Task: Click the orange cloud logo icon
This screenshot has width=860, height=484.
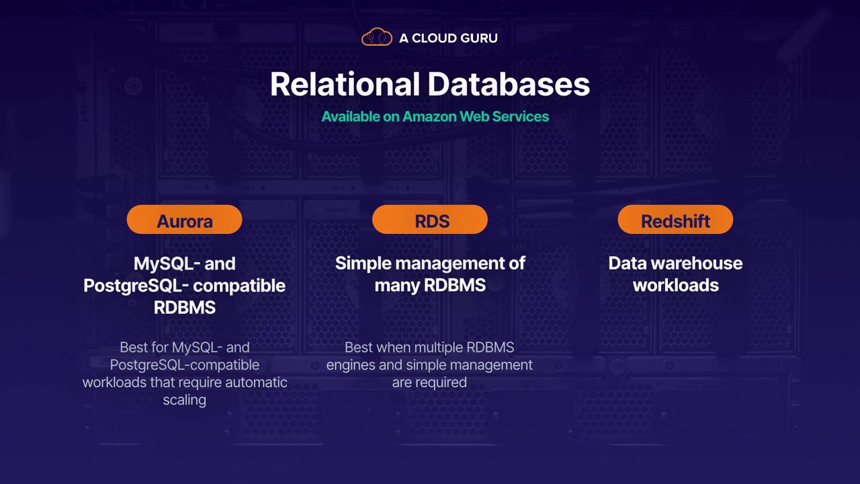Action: [x=377, y=37]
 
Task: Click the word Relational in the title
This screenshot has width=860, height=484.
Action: [x=345, y=84]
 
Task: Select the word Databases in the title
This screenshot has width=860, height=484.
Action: [x=509, y=84]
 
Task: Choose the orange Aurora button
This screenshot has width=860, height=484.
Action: [x=184, y=219]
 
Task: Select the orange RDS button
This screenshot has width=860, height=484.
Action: [x=430, y=219]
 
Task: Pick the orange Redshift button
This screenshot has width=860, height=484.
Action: [x=675, y=219]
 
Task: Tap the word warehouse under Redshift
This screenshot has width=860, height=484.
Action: [x=697, y=264]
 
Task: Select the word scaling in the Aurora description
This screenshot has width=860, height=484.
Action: [x=184, y=400]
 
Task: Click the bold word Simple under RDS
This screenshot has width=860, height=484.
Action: [x=363, y=264]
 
